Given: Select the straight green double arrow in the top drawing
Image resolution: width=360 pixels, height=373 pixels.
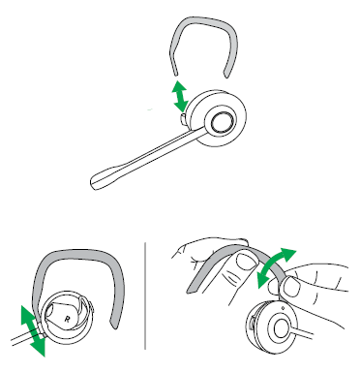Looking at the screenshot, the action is coord(180,97).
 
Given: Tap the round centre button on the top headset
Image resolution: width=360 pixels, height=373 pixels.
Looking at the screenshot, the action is coord(223,122).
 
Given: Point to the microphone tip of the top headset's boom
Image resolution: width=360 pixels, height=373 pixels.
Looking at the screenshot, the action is coord(97,182).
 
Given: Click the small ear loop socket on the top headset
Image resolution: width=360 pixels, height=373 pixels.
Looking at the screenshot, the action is coord(183,118).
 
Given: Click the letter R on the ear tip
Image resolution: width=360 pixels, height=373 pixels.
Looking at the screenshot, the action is coord(67,319).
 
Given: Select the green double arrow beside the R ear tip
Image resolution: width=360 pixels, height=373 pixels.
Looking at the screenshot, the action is coord(33,331).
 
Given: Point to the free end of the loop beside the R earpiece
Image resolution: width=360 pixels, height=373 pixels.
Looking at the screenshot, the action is coord(114,326).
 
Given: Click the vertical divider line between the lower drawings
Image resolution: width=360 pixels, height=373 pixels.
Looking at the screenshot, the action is coord(145,295).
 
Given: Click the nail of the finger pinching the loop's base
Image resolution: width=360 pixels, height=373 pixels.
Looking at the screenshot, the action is coord(291,286).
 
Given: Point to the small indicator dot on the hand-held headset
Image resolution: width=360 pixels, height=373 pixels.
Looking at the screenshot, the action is coord(284,307).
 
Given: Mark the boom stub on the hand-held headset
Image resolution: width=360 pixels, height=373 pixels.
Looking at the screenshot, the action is coord(303,333).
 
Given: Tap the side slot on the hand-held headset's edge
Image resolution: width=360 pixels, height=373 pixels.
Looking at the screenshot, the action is coord(250,324).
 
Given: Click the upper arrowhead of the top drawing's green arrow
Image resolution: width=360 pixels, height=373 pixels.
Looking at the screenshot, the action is coord(178,86).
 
